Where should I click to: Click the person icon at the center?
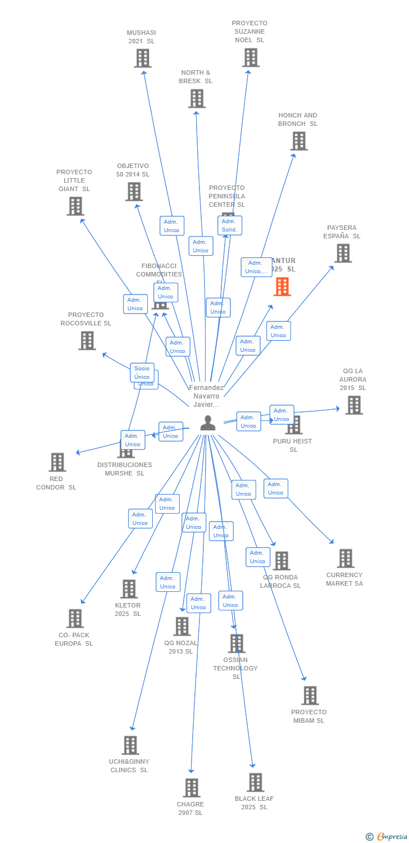[x=208, y=423]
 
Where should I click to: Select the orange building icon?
[x=282, y=287]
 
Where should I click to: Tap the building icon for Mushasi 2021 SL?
[x=143, y=58]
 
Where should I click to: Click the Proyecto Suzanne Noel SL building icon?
[x=251, y=57]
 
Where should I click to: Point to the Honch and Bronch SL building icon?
[x=299, y=141]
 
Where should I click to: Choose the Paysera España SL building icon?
[x=343, y=253]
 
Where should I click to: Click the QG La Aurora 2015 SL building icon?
[x=353, y=405]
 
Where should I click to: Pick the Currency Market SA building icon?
[x=346, y=559]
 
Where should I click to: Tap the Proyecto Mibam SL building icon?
[x=310, y=696]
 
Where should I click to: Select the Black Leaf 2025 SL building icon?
[x=256, y=782]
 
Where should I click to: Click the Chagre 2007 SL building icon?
[x=192, y=788]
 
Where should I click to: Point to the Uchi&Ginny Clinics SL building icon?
[x=130, y=745]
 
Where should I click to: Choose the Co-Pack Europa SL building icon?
[x=75, y=619]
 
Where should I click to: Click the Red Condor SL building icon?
[x=57, y=463]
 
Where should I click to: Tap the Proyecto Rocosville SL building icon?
[x=87, y=341]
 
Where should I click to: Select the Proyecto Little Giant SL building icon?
[x=75, y=206]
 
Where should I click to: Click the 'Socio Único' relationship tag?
[x=142, y=373]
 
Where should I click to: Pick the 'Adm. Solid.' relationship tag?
[x=229, y=225]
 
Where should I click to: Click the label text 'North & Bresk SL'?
[x=196, y=77]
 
